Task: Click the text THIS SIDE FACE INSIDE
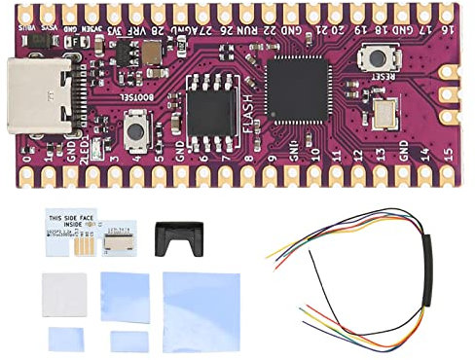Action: [72, 220]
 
